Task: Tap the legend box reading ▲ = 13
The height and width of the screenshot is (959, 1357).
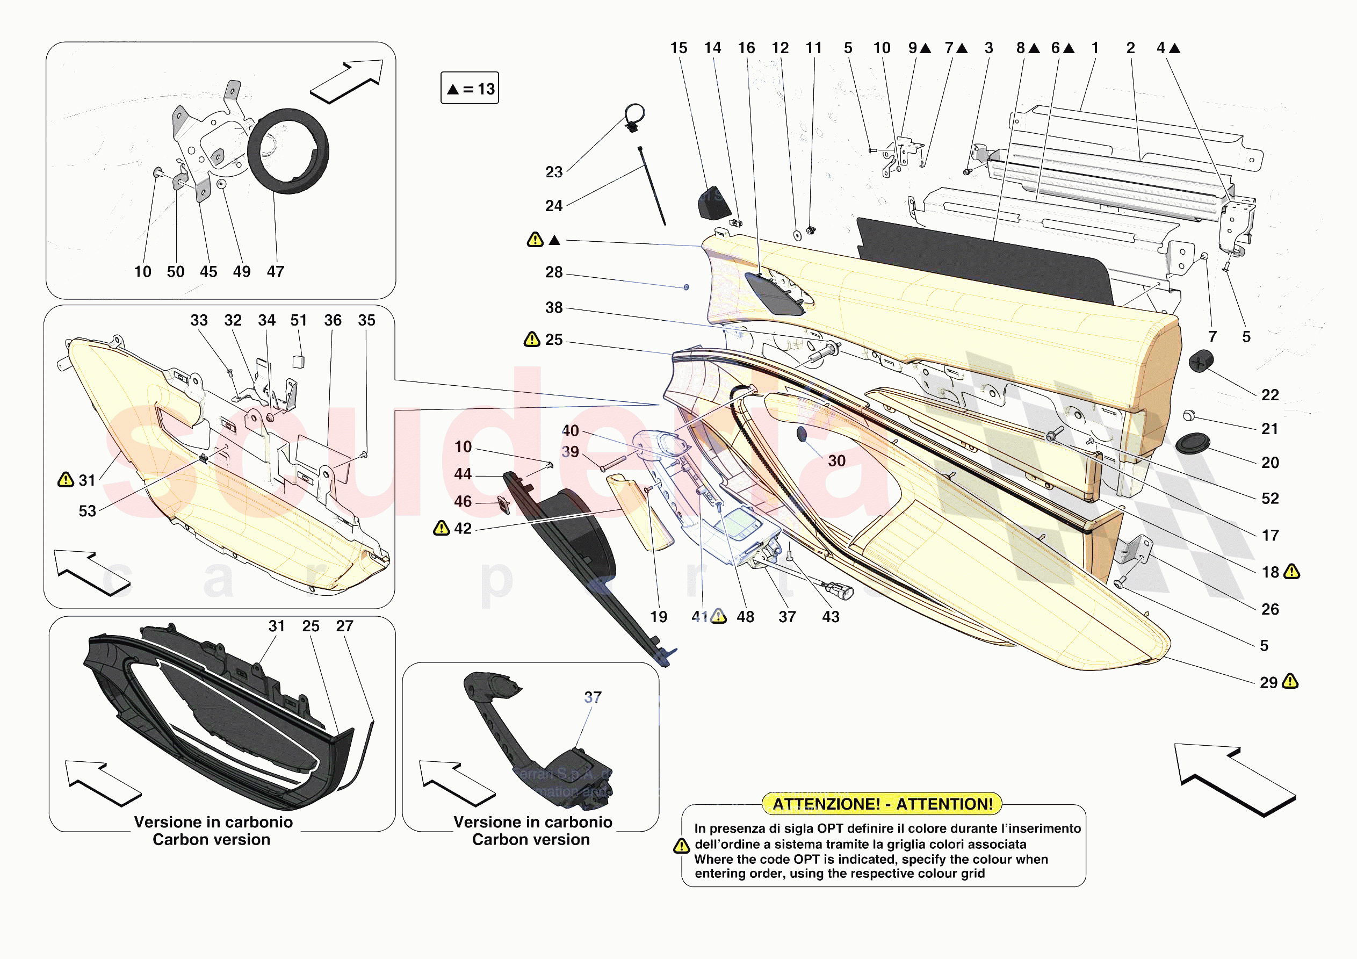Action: pos(470,88)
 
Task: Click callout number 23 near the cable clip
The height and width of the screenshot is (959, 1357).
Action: pos(553,172)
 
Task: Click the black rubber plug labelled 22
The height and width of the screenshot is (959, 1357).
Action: pos(1200,360)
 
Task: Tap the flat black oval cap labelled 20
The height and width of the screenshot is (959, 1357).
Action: pos(1193,443)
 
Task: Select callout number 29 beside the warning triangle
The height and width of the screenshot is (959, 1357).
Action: pos(1268,682)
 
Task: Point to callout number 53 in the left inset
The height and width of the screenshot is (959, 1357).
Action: pos(88,511)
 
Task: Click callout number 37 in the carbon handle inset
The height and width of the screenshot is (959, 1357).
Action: pos(593,697)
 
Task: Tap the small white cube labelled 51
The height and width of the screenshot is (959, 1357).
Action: pos(299,361)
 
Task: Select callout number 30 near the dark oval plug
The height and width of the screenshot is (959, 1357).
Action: pos(836,460)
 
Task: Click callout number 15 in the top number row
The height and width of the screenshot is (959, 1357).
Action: pos(678,48)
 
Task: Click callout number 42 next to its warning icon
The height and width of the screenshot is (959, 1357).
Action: pos(463,529)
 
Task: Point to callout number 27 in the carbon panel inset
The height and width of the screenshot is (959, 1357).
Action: pos(344,626)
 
